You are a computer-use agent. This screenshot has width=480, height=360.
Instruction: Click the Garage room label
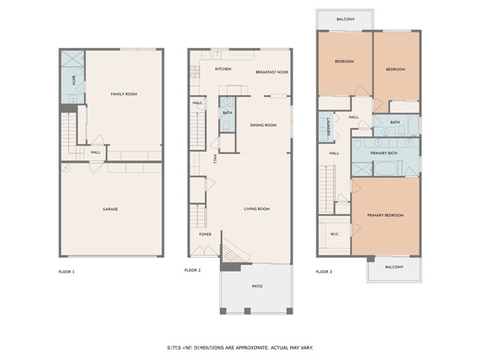[x=110, y=209]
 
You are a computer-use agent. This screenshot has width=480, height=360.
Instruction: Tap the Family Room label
[x=124, y=94]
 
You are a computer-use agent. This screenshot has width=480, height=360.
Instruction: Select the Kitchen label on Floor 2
[x=223, y=69]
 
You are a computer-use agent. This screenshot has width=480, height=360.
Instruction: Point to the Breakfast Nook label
[x=272, y=72]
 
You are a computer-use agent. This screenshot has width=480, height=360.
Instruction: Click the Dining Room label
[x=263, y=125]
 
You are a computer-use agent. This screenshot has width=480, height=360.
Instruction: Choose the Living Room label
[x=256, y=209]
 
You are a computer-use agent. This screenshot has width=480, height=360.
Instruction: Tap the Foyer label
[x=205, y=235]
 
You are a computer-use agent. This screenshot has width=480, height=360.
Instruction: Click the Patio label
[x=257, y=286]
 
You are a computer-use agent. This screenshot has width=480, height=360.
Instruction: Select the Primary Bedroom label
[x=385, y=215]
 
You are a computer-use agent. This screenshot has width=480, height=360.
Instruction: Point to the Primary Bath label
[x=384, y=153]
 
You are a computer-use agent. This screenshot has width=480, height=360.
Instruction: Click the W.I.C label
[x=334, y=235]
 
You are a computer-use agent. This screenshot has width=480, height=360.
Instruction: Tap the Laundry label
[x=328, y=127]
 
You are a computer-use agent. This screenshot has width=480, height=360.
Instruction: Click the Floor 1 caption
[x=67, y=271]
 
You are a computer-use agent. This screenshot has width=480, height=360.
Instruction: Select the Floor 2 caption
[x=193, y=270]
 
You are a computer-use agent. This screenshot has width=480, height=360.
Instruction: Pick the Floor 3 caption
[x=324, y=271]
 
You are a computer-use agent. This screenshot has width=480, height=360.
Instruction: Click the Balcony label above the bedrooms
[x=346, y=19]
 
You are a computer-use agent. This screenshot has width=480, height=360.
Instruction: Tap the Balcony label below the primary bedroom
[x=394, y=267]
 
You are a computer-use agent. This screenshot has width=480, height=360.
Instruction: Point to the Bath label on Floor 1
[x=73, y=80]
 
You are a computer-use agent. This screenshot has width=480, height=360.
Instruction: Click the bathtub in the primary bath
[x=386, y=169]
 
